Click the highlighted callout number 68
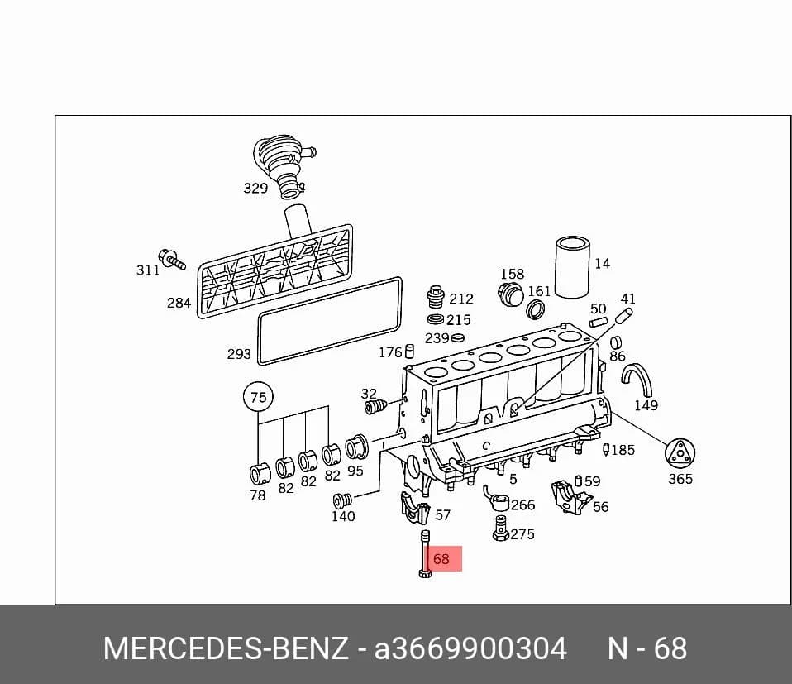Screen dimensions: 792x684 click(441, 559)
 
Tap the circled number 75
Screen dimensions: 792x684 click(258, 397)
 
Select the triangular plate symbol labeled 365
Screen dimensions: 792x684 click(680, 453)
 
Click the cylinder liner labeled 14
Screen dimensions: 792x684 click(572, 267)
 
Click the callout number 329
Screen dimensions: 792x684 click(255, 189)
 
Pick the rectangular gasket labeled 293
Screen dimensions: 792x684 click(330, 320)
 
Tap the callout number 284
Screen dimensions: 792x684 click(179, 303)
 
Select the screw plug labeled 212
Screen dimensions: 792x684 click(436, 298)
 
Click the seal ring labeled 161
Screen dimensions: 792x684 click(536, 309)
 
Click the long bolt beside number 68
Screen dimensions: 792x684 click(425, 554)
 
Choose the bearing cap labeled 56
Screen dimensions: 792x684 click(570, 498)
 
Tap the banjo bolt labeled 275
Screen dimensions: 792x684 click(500, 529)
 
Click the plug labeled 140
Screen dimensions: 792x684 click(343, 500)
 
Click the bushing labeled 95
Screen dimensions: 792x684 click(356, 447)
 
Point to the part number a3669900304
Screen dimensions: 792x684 click(470, 648)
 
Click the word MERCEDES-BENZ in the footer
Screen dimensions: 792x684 click(226, 648)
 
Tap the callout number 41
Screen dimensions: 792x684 click(627, 299)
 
